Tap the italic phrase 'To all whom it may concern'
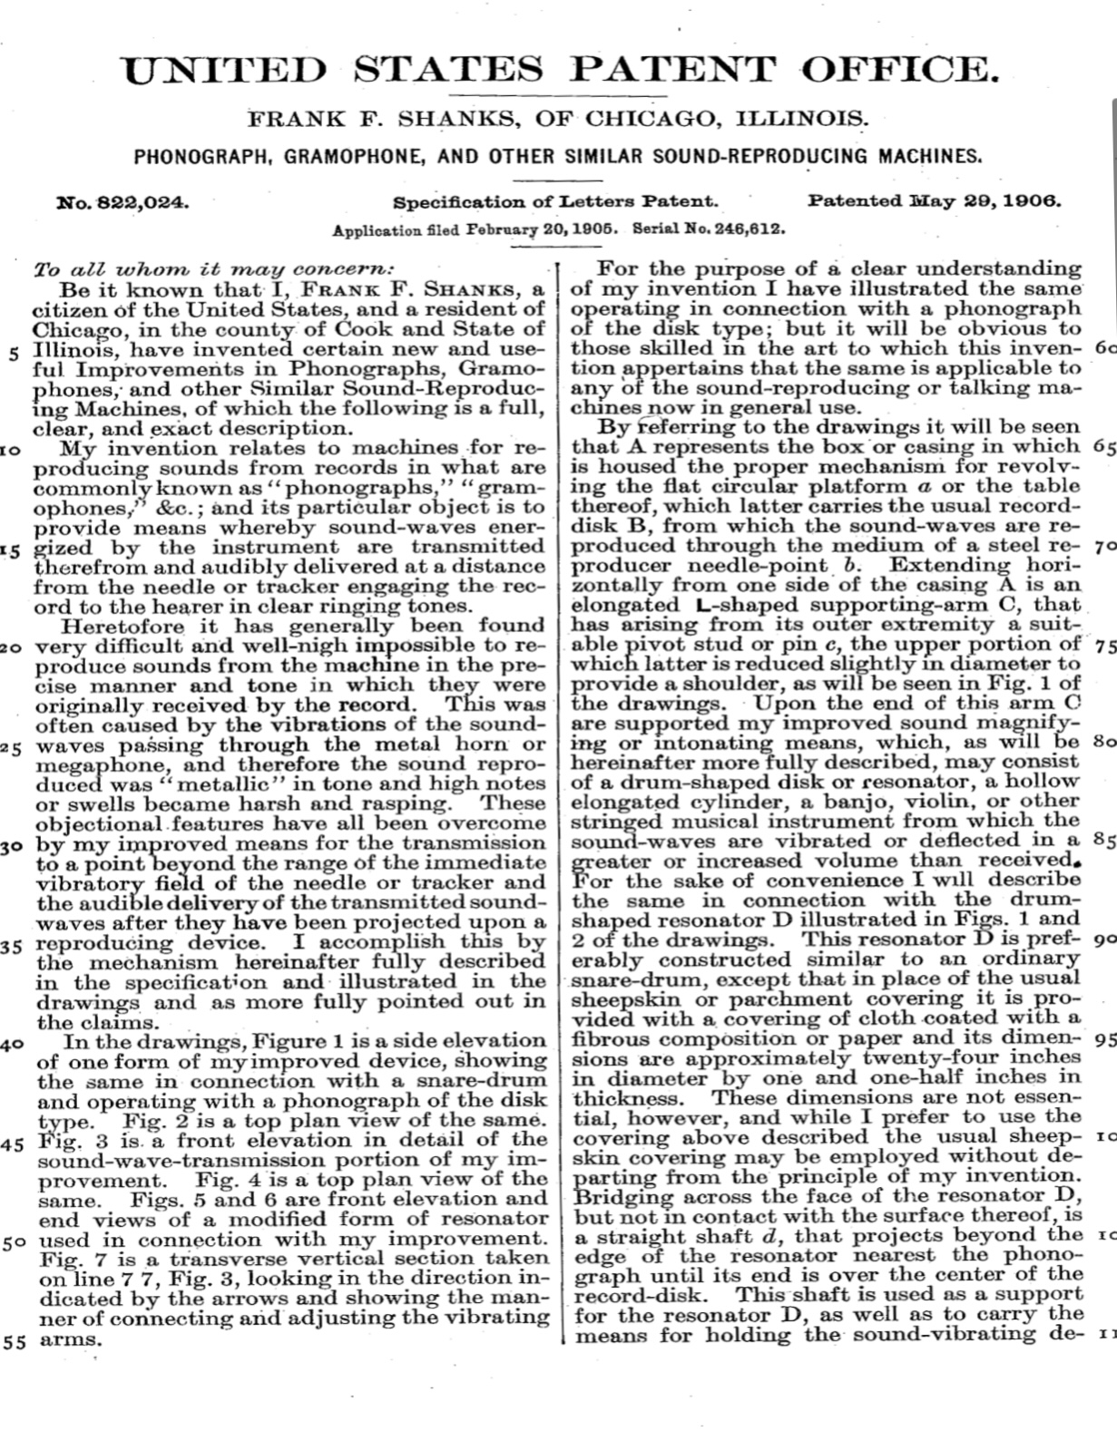pos(214,270)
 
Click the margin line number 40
pos(13,1044)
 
